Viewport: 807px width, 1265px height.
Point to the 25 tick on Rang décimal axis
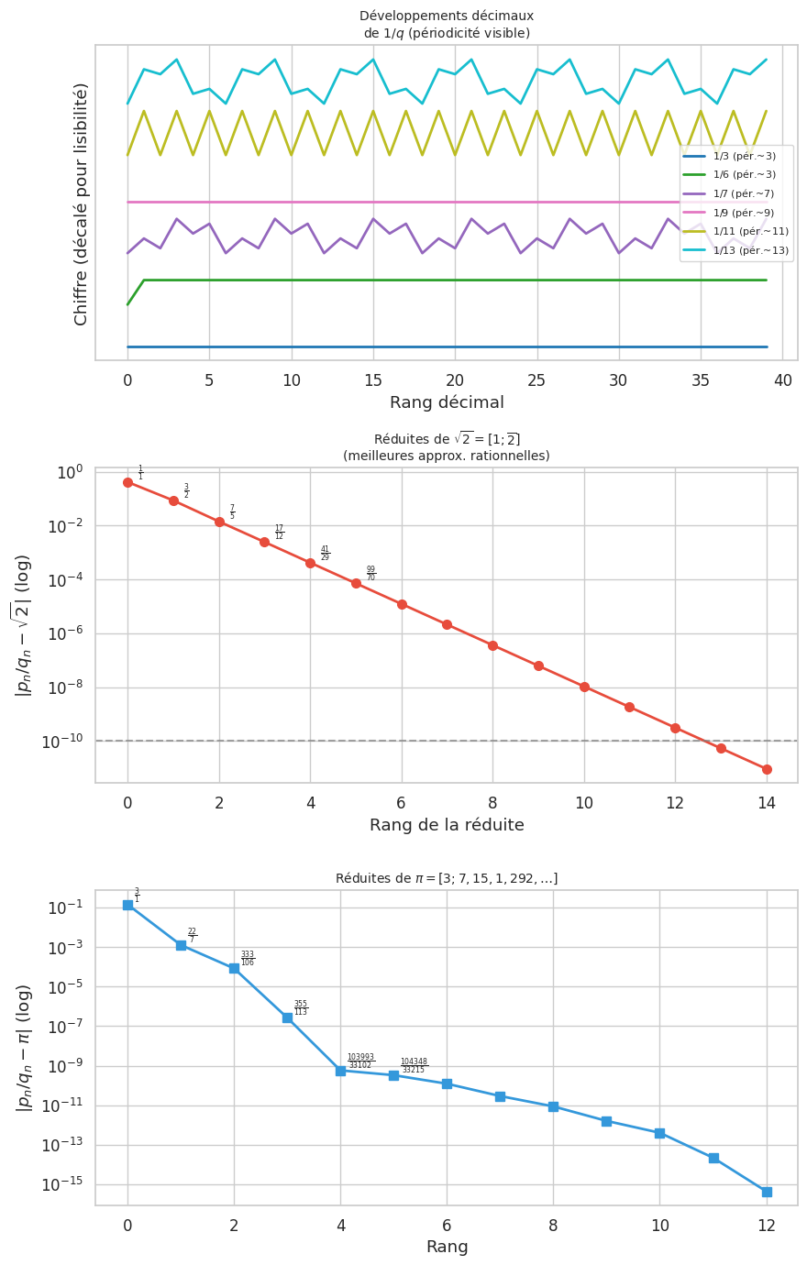(536, 379)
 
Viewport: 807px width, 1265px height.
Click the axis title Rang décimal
(447, 402)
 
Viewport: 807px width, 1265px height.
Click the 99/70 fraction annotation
(370, 574)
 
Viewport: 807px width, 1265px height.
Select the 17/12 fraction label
(279, 533)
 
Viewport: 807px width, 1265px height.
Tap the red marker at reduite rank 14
(767, 769)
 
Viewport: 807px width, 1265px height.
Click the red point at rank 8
(492, 645)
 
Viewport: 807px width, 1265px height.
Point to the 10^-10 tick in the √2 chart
(61, 742)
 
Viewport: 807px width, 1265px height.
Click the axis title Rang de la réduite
(447, 825)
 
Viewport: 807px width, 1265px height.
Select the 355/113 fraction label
(301, 1008)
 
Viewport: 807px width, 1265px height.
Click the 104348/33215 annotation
(414, 1066)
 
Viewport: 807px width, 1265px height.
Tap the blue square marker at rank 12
(767, 1192)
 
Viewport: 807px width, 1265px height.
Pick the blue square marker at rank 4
(340, 1071)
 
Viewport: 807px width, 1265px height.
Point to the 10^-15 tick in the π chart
(61, 1184)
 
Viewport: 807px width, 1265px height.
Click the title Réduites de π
(447, 878)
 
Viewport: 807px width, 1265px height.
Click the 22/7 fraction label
(192, 936)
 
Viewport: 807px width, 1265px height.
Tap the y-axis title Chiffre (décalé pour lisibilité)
(82, 203)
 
